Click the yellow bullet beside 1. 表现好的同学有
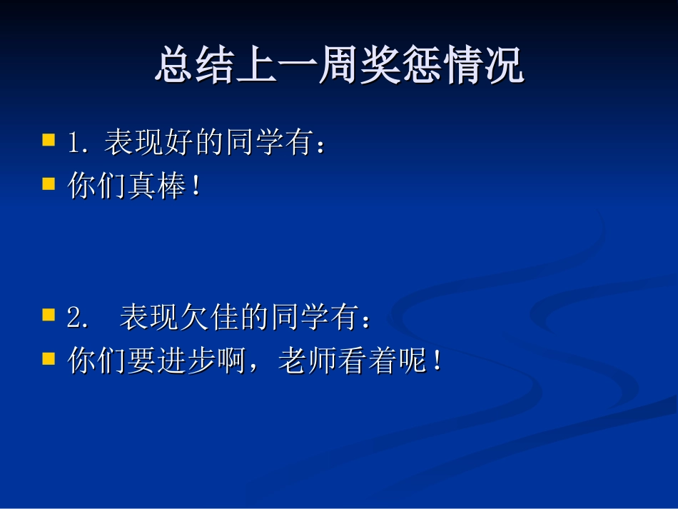point(49,139)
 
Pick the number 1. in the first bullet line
point(79,143)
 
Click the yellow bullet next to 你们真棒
point(49,183)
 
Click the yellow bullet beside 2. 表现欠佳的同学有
point(49,314)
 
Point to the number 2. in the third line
point(79,318)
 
